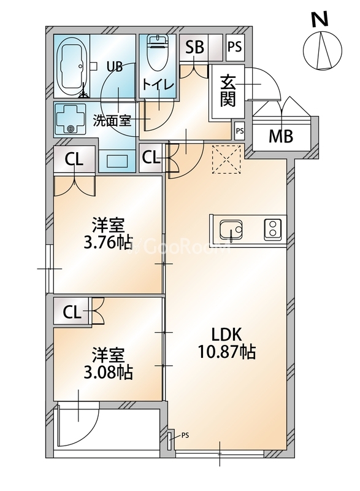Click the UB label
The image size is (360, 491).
pos(115,66)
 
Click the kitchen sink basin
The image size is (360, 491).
pos(232,230)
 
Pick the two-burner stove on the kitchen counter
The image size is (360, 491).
pos(271,230)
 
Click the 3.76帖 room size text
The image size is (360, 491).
pos(108,242)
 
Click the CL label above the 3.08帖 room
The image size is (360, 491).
pos(72,312)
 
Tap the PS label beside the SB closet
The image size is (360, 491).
pos(234,46)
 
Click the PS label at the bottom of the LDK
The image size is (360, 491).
pos(185,436)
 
